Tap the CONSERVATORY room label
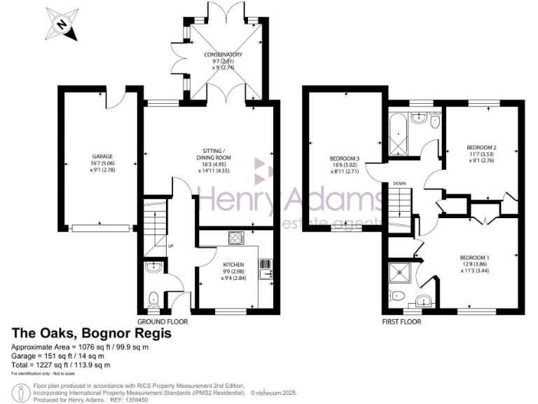223,54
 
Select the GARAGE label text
102,156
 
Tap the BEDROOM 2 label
481,147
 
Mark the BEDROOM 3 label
344,158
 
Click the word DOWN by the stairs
399,184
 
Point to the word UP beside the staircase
170,246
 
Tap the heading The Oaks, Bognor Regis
91,334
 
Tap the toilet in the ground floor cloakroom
154,299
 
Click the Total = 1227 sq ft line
62,365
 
